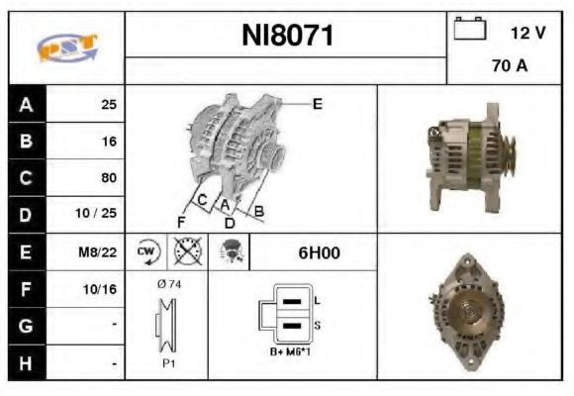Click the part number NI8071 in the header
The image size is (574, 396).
click(287, 37)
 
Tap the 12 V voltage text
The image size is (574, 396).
click(526, 33)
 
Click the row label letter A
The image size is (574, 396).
click(26, 104)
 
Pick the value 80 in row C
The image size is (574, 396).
click(108, 178)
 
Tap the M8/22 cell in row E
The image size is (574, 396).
click(100, 252)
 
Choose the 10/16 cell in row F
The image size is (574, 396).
click(102, 290)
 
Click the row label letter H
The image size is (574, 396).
click(26, 364)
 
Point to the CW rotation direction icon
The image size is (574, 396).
click(146, 252)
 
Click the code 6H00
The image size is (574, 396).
click(319, 252)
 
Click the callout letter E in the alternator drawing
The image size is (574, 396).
click(317, 102)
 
